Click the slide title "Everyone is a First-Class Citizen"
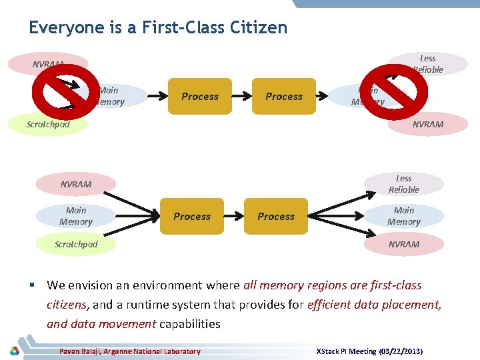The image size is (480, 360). pos(158,27)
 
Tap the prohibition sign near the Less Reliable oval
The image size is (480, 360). pos(399,85)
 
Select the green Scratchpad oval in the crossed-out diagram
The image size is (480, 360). pos(48,124)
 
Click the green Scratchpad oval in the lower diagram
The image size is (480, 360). pos(76,244)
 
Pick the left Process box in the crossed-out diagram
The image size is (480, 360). pos(200,96)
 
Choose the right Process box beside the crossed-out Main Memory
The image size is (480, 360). pos(284,96)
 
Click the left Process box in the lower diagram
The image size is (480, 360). pos(192,216)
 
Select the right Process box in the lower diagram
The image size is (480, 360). pos(276,216)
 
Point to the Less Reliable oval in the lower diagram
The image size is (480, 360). pos(404,184)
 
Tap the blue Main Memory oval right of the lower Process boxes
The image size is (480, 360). pos(404,216)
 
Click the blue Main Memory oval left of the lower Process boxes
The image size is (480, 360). pos(76,216)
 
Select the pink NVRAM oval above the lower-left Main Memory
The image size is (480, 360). pos(76,184)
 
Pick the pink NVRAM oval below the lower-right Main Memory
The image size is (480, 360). pos(404,244)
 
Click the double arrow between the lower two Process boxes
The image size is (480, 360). pos(234,216)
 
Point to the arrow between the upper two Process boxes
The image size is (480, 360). pos(242,96)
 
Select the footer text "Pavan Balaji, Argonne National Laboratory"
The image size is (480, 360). pos(130,351)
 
